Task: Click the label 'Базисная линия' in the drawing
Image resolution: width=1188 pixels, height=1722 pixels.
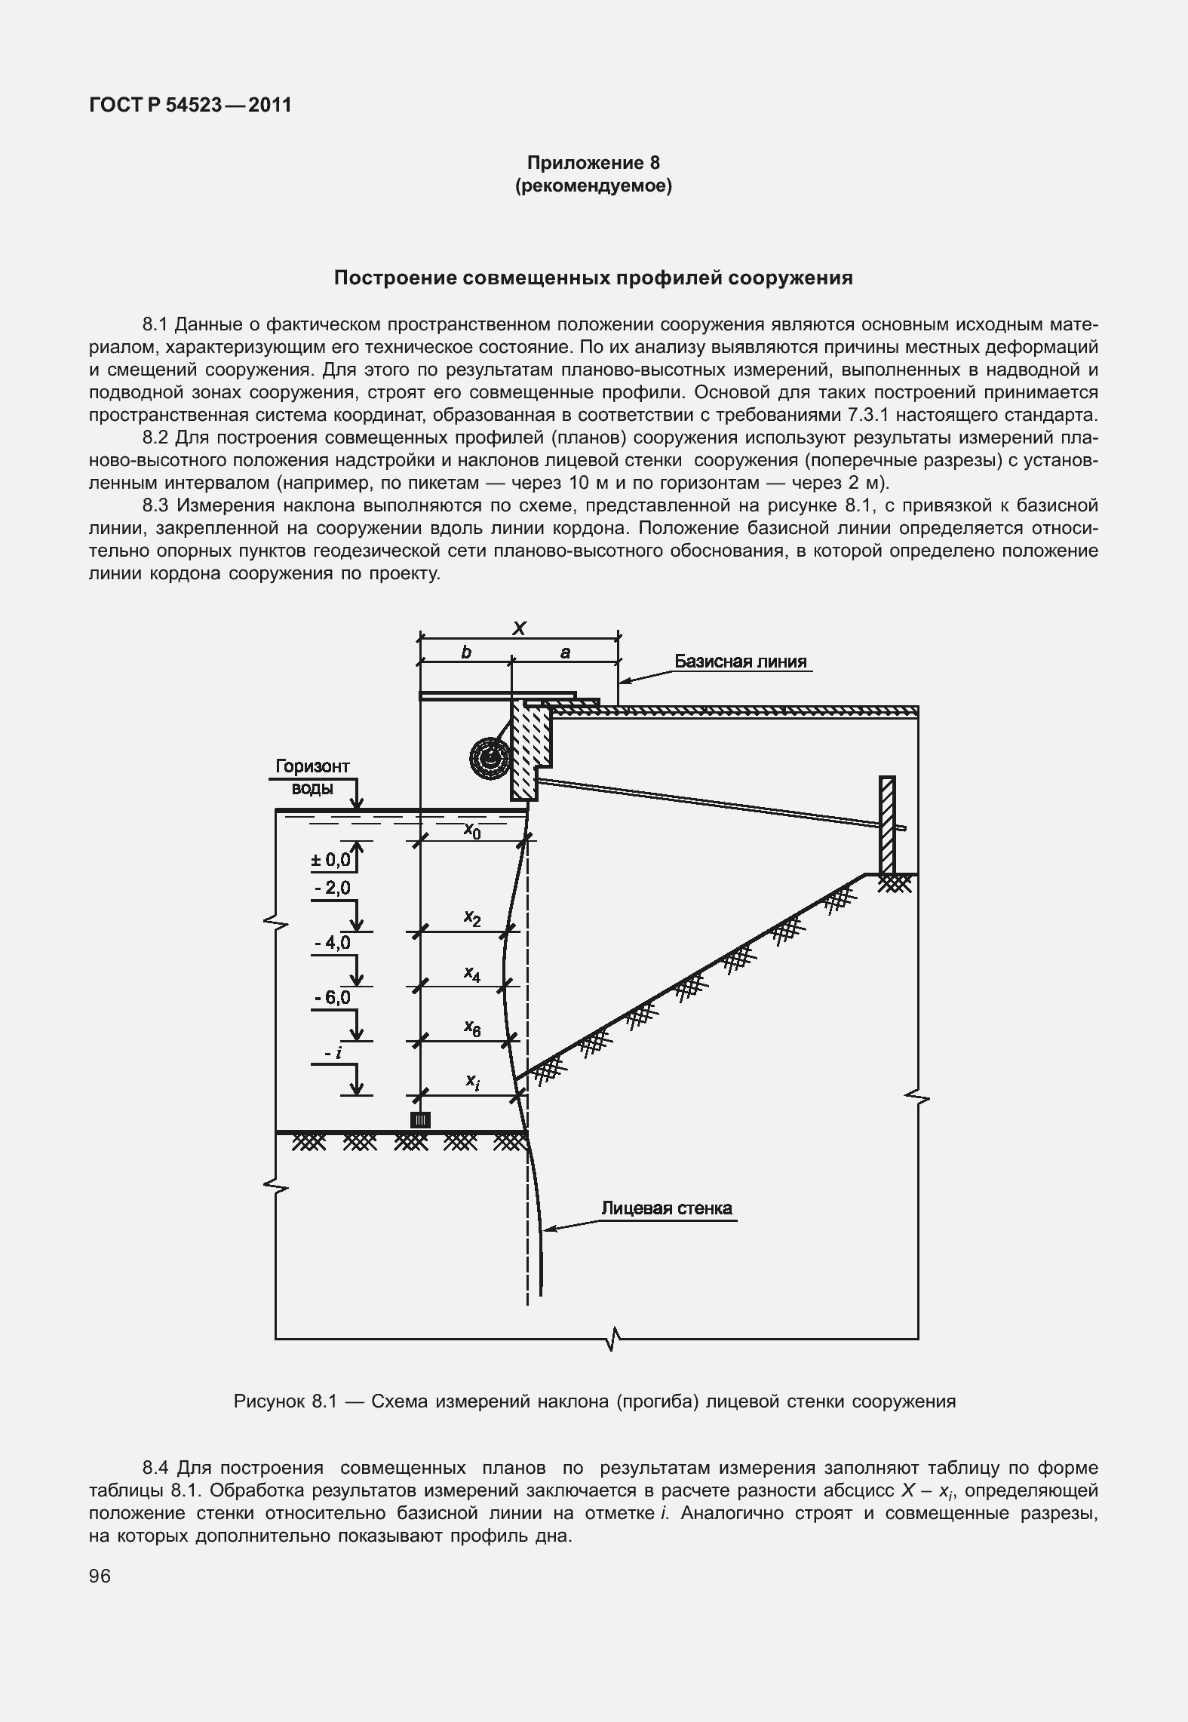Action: [740, 661]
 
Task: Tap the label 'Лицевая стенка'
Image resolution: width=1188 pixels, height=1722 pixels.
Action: [667, 1208]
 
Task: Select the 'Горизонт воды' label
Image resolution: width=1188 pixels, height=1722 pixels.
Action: [312, 777]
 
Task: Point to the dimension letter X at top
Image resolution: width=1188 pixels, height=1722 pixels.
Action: [519, 628]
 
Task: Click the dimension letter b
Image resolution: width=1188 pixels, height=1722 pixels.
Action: [466, 652]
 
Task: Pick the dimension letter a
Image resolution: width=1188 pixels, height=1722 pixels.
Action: [565, 652]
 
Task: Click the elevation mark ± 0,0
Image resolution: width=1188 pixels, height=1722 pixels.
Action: [332, 859]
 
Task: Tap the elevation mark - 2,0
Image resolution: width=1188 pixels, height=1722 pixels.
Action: [333, 888]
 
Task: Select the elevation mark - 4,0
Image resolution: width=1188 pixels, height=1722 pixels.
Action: [333, 943]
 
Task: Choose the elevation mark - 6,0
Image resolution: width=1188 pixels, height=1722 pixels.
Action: [333, 998]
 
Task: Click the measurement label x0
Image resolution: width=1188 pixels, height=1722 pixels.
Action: [472, 830]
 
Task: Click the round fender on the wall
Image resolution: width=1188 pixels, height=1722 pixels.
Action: [490, 757]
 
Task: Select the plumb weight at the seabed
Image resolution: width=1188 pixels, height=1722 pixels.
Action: [420, 1119]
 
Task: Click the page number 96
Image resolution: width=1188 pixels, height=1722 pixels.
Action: [100, 1576]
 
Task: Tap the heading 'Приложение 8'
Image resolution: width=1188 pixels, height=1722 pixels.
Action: [593, 163]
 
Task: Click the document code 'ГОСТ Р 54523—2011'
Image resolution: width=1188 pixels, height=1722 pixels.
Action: [190, 105]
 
